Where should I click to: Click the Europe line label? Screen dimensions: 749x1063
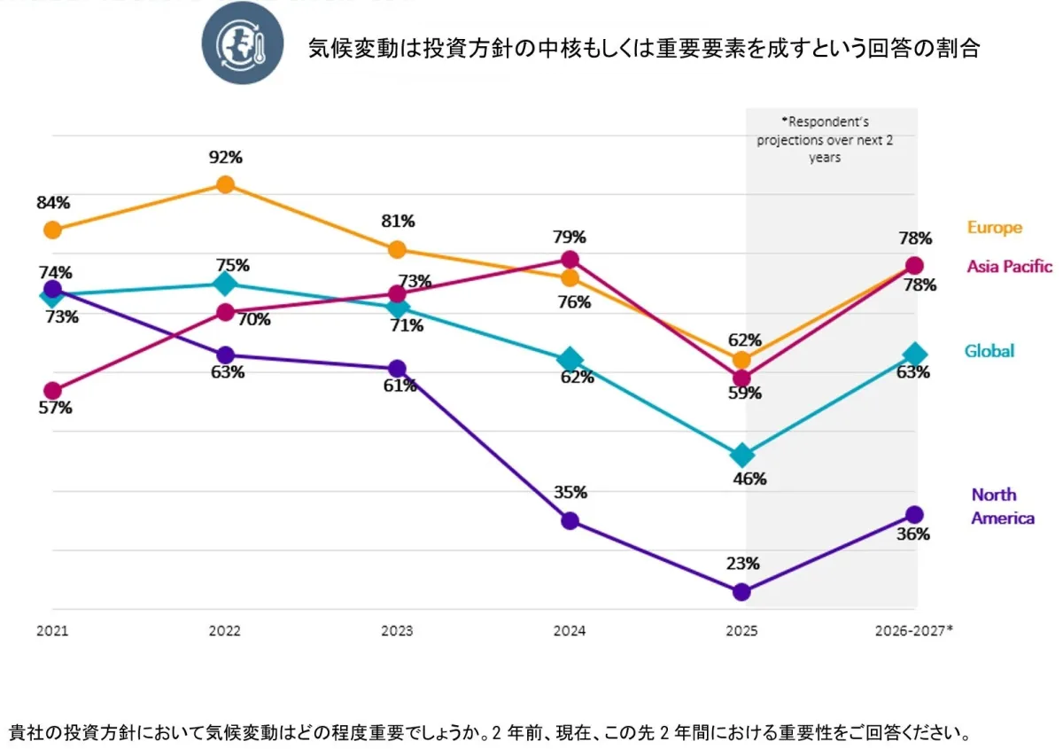click(x=994, y=228)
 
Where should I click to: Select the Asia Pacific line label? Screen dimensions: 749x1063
click(x=1009, y=266)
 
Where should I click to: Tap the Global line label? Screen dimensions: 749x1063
click(x=989, y=351)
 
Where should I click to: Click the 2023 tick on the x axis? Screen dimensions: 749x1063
click(x=398, y=632)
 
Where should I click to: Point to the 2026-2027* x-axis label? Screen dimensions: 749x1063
click(x=913, y=632)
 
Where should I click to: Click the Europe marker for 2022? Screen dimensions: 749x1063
click(x=226, y=184)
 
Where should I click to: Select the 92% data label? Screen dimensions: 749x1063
click(x=226, y=158)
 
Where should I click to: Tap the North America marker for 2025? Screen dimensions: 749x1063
click(x=742, y=591)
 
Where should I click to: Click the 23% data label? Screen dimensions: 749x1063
click(x=743, y=564)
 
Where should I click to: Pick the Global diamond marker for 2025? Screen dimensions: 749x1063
click(x=742, y=456)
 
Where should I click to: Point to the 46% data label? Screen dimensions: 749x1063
click(x=749, y=480)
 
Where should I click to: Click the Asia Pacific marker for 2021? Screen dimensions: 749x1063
click(x=53, y=391)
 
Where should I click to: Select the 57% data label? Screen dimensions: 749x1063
click(x=55, y=409)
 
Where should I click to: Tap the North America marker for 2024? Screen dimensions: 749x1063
click(x=570, y=520)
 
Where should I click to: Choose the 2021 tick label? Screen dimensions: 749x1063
click(x=53, y=632)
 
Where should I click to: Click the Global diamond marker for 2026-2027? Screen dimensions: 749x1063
click(x=914, y=355)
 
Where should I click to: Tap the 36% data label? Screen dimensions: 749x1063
click(x=913, y=534)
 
